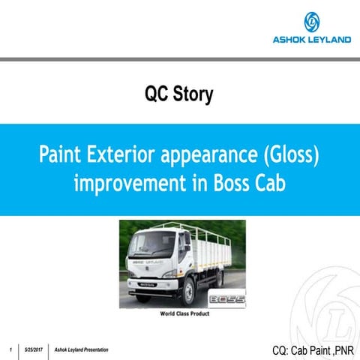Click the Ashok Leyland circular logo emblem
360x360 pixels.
click(x=311, y=22)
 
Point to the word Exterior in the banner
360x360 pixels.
click(x=128, y=156)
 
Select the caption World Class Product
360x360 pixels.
click(x=184, y=314)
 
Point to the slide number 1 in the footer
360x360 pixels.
click(x=9, y=350)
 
